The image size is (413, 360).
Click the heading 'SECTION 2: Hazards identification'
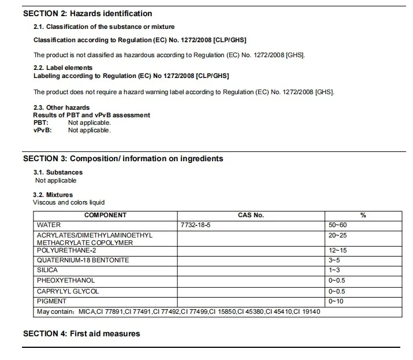(x=88, y=13)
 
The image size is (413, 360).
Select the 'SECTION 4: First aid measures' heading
(x=81, y=333)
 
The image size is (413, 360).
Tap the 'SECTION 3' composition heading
(x=123, y=158)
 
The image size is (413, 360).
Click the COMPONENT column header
(x=105, y=215)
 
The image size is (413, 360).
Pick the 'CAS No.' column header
(x=251, y=215)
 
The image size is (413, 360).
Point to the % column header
(x=363, y=215)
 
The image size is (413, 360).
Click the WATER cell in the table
(x=49, y=225)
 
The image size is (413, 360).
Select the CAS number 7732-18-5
(x=196, y=225)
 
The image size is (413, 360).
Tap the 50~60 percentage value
(x=337, y=225)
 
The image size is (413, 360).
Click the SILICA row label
(x=47, y=270)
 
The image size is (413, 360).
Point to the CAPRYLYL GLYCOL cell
(x=68, y=291)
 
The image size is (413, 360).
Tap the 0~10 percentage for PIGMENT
(x=336, y=301)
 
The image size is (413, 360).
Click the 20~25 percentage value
(x=337, y=235)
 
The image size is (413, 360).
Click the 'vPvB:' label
(x=43, y=130)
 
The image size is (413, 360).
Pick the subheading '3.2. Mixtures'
(x=53, y=195)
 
